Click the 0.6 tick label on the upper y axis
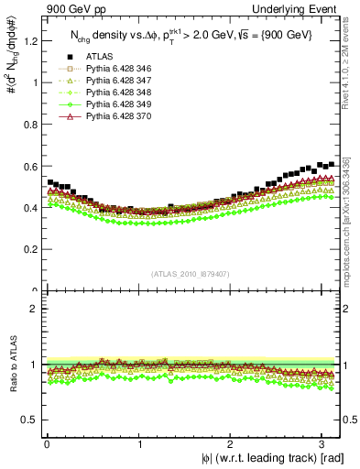click(x=28, y=166)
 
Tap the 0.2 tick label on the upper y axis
click(x=28, y=249)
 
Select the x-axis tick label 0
click(x=47, y=443)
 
